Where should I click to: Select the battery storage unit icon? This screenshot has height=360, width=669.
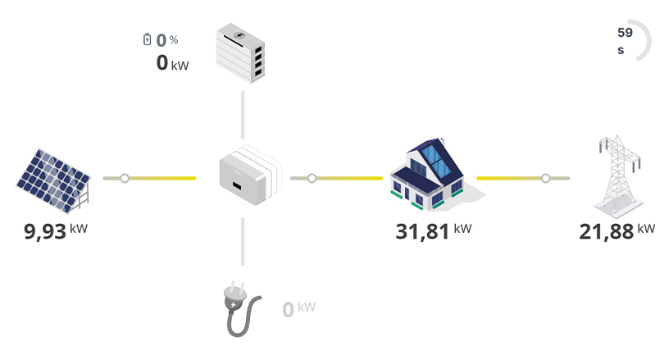click(241, 52)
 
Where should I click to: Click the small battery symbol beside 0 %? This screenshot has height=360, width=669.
click(147, 39)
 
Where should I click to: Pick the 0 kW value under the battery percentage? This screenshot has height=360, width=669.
click(171, 63)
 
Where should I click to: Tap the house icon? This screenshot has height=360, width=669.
click(426, 173)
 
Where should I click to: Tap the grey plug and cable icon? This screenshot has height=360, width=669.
click(243, 311)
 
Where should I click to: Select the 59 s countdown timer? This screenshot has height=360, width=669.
click(626, 41)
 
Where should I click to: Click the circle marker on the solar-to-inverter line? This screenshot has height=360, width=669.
click(125, 178)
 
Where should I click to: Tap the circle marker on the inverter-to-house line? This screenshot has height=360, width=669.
click(312, 178)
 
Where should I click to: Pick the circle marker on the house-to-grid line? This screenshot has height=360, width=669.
click(545, 178)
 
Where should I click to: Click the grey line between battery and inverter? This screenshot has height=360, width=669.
click(243, 115)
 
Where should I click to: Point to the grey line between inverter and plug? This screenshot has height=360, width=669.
click(243, 242)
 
